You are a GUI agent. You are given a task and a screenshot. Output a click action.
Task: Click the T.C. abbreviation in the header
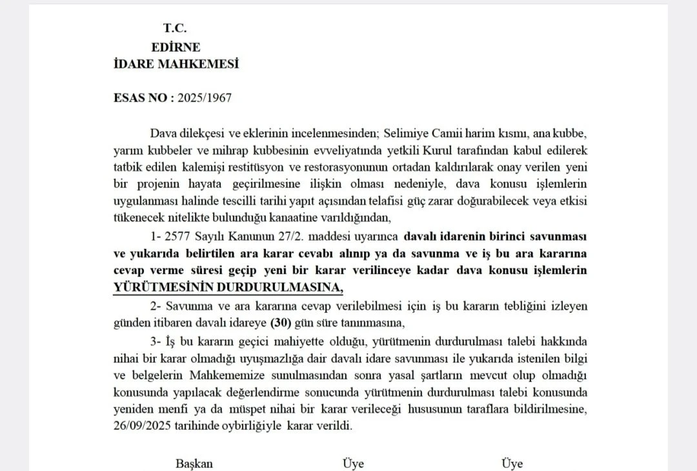pos(174,28)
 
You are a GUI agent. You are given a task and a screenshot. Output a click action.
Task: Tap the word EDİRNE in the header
pos(176,47)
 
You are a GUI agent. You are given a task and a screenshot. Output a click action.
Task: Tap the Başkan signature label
pos(194,463)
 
